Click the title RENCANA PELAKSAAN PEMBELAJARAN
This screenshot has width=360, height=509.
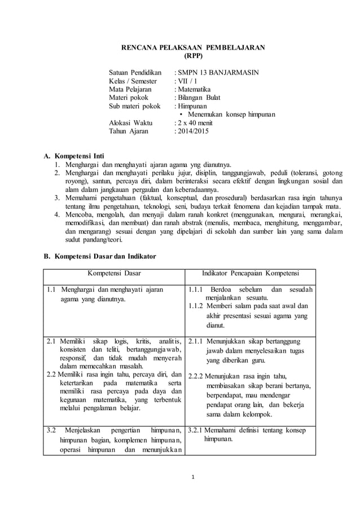pyautogui.click(x=194, y=47)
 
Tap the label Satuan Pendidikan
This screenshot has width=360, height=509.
pyautogui.click(x=135, y=73)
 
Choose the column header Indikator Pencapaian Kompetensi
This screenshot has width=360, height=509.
pyautogui.click(x=251, y=274)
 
